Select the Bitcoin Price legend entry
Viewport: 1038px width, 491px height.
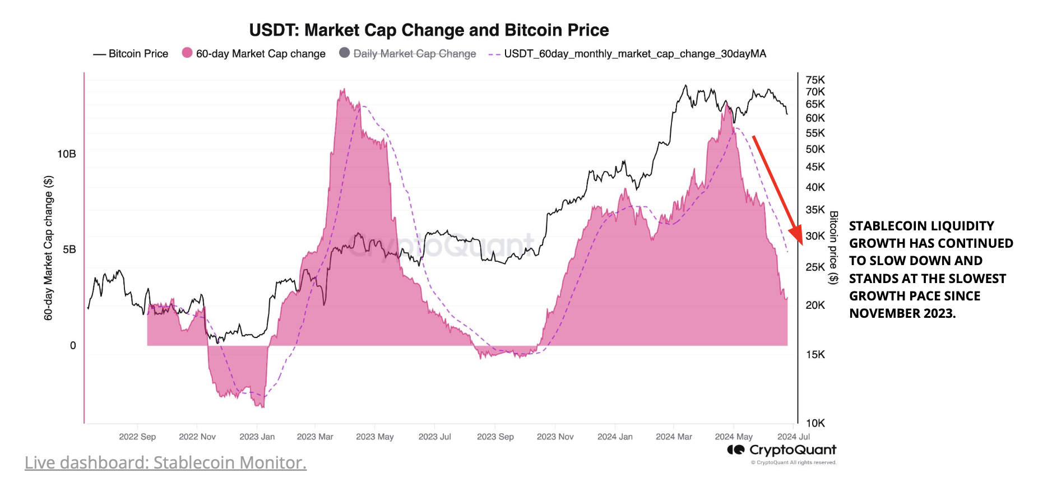[131, 54]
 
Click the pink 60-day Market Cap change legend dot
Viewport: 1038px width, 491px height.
[187, 53]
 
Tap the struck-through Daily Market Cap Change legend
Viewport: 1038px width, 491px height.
[414, 54]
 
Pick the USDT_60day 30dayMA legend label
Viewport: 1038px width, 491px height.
[634, 54]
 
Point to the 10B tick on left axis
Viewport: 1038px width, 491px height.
[67, 154]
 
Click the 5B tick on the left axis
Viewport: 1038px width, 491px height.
[69, 249]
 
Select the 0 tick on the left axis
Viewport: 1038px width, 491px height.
[73, 346]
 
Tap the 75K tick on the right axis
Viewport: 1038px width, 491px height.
[815, 80]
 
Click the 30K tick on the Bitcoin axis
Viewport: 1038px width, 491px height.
[815, 236]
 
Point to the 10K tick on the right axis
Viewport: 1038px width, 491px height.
[815, 423]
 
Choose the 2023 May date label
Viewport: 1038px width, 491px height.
[374, 437]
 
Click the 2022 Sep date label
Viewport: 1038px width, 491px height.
[137, 437]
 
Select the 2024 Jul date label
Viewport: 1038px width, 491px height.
[793, 437]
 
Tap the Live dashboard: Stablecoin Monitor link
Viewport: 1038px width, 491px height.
[165, 463]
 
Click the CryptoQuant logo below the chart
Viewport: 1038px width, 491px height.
[781, 450]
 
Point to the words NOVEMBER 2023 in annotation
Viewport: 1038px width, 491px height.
[902, 313]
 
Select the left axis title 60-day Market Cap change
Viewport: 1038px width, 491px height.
[49, 248]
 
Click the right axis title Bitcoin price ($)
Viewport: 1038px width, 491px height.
[833, 247]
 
